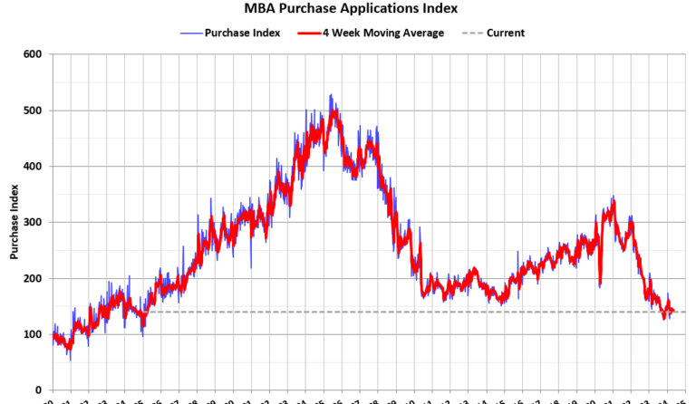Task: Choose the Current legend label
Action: (x=505, y=33)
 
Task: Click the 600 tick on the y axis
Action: (x=34, y=54)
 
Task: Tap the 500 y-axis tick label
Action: (x=34, y=111)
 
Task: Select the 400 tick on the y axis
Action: (x=34, y=167)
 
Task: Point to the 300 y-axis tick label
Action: (x=34, y=223)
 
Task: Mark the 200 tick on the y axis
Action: (x=34, y=279)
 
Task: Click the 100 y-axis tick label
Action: (x=34, y=335)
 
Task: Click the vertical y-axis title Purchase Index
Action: (x=14, y=223)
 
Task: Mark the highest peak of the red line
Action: (x=334, y=112)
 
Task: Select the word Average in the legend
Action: (x=423, y=33)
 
